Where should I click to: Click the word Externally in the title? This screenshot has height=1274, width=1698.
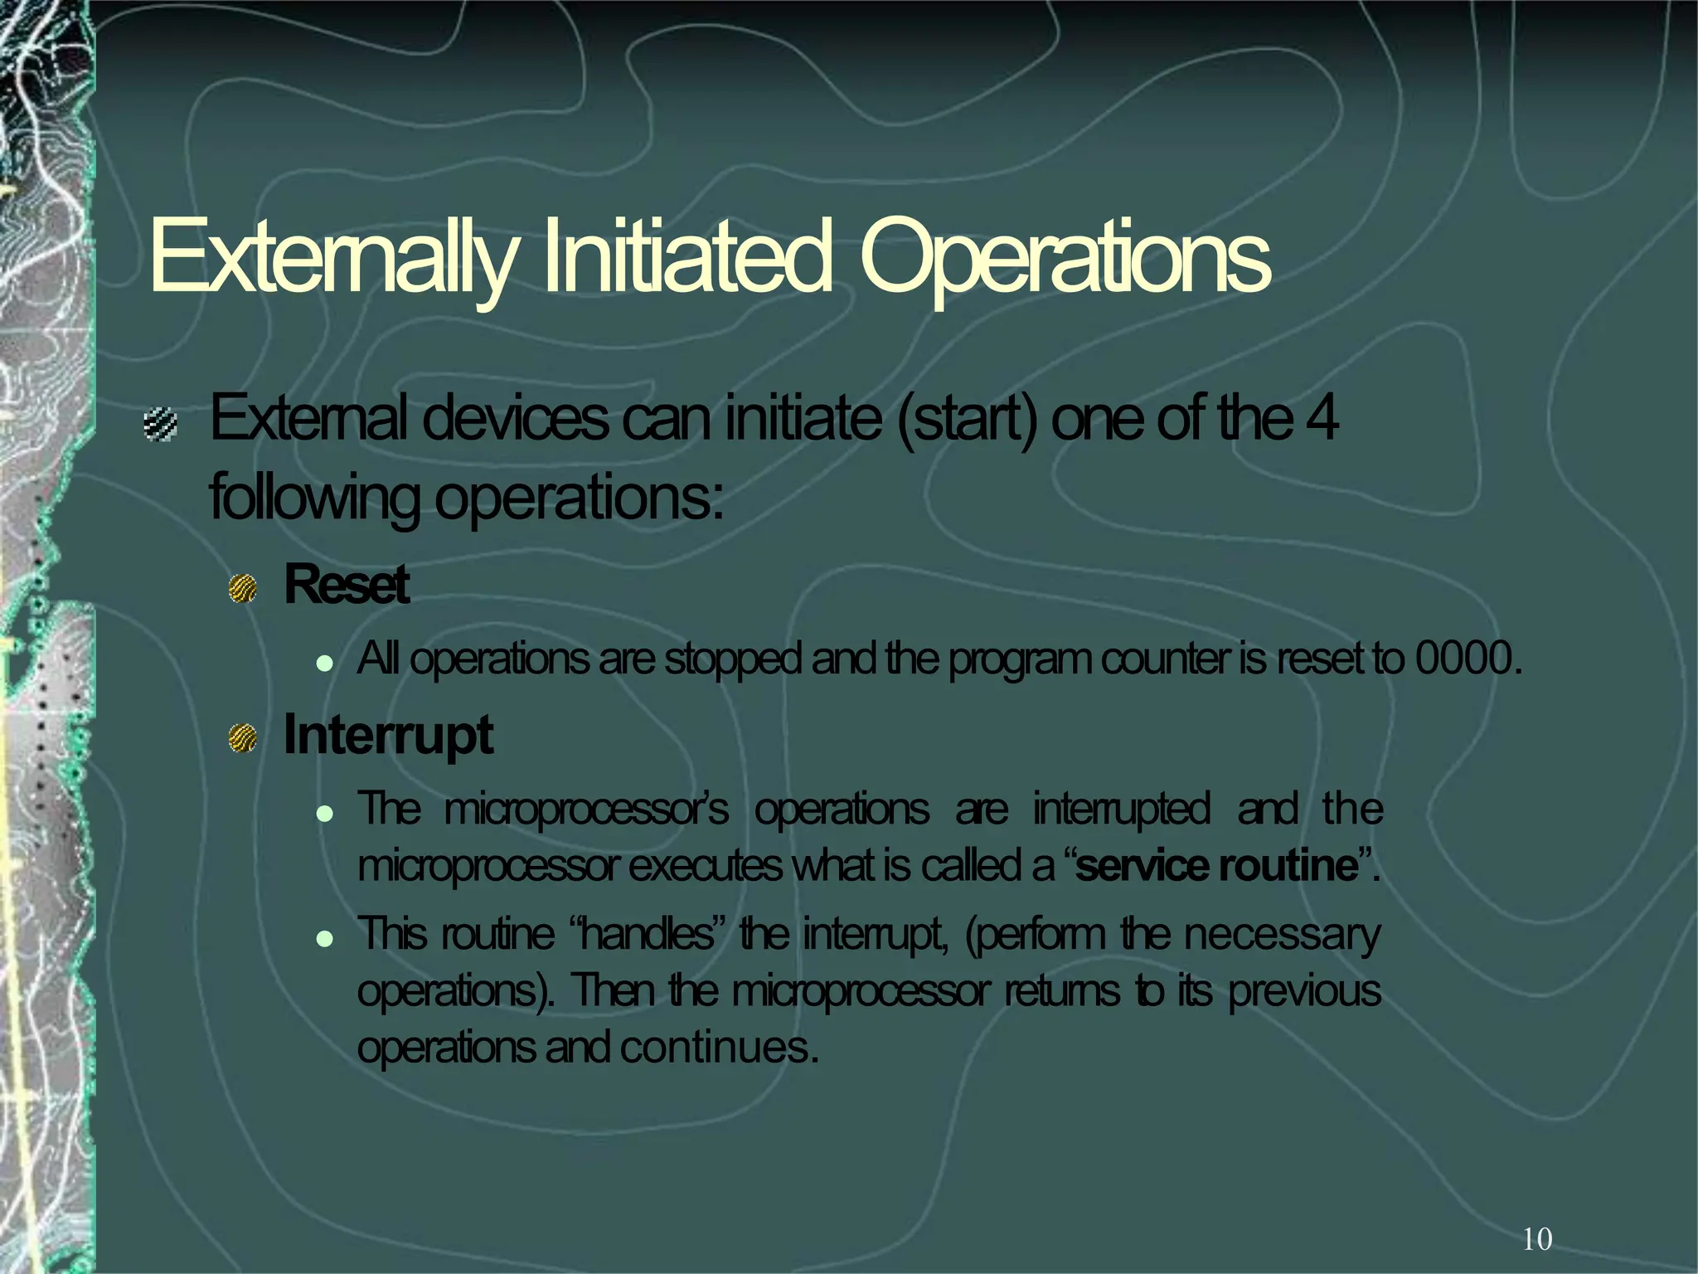pos(332,256)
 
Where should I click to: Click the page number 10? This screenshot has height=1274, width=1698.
pos(1537,1239)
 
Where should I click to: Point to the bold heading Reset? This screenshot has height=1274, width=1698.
pos(347,585)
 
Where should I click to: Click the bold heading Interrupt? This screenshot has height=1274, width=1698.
pos(388,735)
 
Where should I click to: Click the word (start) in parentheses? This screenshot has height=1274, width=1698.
pos(967,420)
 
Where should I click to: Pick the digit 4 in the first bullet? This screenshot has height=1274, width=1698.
pos(1322,420)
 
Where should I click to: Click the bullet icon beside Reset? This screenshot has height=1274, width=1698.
pos(243,588)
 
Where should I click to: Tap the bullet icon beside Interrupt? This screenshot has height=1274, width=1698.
pos(243,737)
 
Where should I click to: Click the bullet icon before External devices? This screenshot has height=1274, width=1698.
pos(160,425)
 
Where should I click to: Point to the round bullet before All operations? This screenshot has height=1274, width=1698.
pos(325,664)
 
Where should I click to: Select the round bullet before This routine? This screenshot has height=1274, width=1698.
pos(325,939)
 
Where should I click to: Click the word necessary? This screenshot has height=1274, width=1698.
pos(1282,934)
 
